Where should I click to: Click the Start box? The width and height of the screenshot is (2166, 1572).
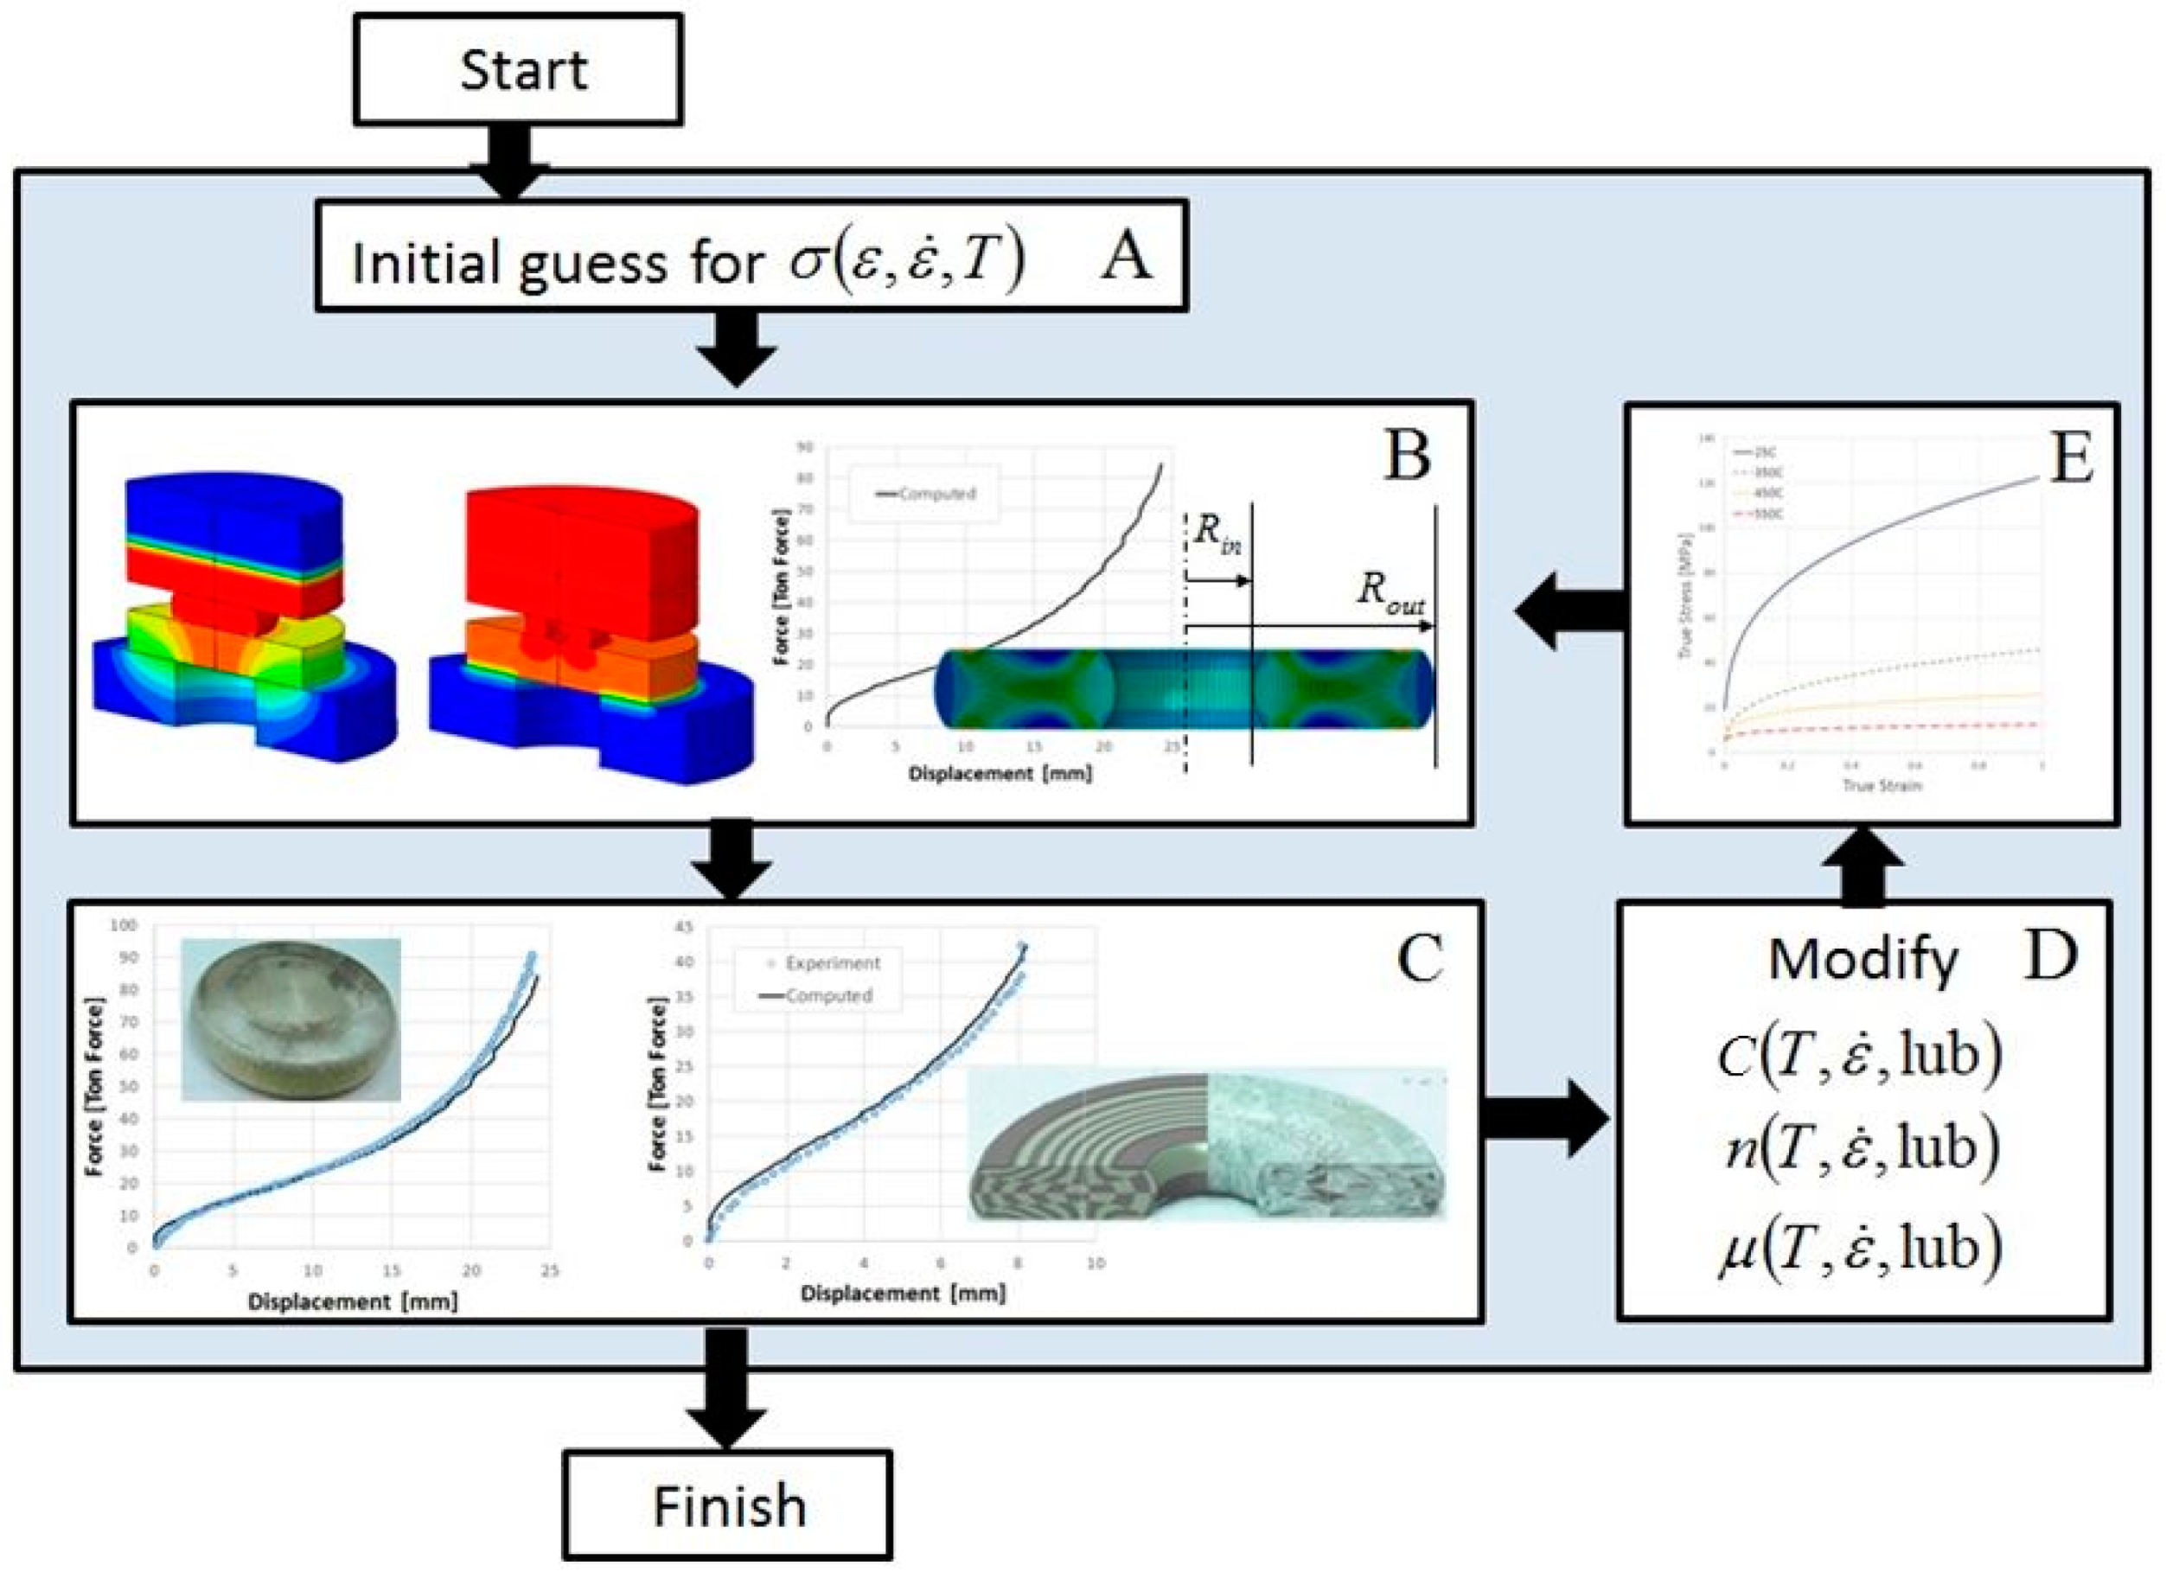[519, 70]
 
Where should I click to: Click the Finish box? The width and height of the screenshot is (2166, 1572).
[728, 1506]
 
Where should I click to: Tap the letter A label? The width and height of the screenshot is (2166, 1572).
[1126, 257]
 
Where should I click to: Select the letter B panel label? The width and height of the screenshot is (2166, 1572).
[1406, 456]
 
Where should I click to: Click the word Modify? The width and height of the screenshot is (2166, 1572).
[1863, 960]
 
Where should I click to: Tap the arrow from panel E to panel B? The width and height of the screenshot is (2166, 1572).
[1570, 611]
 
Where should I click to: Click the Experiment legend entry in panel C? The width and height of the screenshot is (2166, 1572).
[821, 963]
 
